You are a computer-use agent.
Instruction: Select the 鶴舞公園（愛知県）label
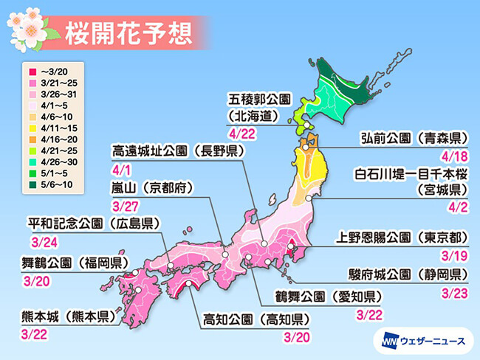315,299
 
